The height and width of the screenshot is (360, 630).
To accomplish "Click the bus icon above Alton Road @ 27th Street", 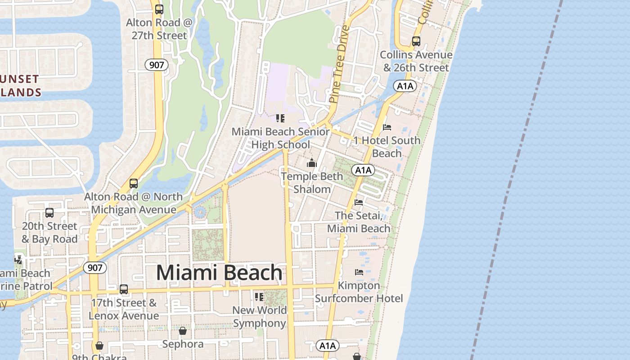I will coord(159,9).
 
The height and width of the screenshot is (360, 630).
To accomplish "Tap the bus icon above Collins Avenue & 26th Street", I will coord(416,41).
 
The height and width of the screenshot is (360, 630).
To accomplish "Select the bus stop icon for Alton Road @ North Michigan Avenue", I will coord(133,184).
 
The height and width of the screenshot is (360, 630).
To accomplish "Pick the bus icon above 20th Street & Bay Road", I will coord(49,213).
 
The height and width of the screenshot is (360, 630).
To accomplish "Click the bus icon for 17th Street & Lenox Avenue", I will coord(124,289).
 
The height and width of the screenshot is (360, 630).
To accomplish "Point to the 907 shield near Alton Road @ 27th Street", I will coord(157,65).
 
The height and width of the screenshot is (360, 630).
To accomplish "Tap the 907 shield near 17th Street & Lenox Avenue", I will coord(95,268).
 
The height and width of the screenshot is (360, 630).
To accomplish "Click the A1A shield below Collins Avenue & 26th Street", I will coord(405,86).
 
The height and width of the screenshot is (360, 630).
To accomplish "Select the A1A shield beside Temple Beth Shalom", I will coord(363,170).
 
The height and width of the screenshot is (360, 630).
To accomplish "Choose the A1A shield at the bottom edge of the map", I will coord(327,346).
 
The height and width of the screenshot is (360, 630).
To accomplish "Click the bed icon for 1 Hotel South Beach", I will coord(387,127).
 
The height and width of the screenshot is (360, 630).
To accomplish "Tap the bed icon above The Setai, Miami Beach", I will coord(359,202).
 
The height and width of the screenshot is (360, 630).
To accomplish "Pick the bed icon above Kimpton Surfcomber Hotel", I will coord(359,272).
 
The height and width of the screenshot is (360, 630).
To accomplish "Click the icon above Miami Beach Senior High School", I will coord(280,118).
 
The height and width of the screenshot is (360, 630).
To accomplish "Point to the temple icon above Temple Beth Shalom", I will coord(312,163).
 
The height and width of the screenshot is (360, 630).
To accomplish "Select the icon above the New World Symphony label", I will coord(259,297).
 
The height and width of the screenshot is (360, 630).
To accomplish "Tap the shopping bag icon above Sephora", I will coord(183,331).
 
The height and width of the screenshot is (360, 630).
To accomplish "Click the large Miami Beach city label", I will coord(219,273).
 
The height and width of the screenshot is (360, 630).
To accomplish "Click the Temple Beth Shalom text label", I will coord(312,183).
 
